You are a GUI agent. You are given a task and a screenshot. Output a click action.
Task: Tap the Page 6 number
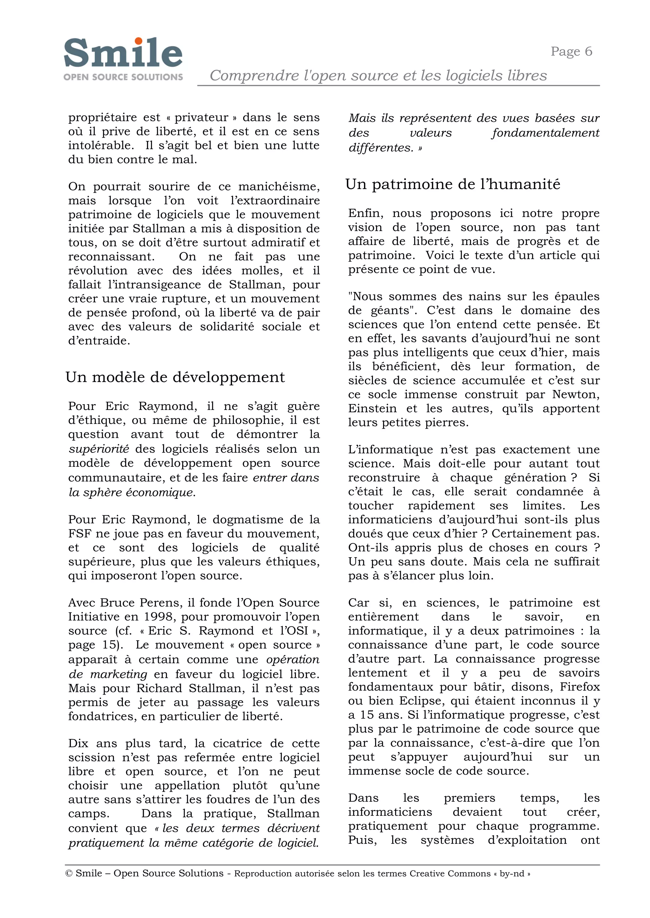pyautogui.click(x=571, y=51)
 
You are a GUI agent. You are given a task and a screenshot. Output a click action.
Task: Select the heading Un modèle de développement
pyautogui.click(x=175, y=377)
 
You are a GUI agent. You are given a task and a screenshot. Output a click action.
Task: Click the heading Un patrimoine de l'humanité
pyautogui.click(x=453, y=184)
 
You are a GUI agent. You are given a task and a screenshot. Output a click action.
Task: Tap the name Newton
pyautogui.click(x=575, y=394)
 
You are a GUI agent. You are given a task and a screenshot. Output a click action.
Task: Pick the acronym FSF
pyautogui.click(x=78, y=533)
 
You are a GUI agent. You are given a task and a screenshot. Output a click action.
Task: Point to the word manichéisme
pyautogui.click(x=279, y=187)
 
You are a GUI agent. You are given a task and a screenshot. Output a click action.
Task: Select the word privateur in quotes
pyautogui.click(x=201, y=118)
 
